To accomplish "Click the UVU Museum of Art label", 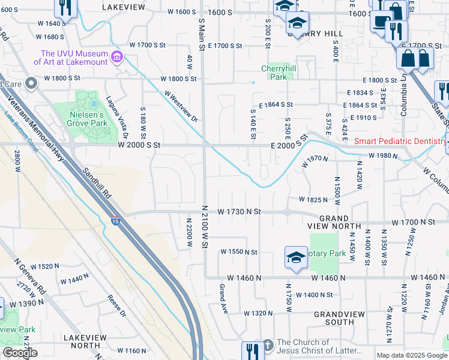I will [70, 58].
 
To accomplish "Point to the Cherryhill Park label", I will [274, 73].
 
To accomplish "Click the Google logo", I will [20, 352].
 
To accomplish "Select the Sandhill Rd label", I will [97, 183].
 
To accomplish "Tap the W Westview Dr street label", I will [181, 106].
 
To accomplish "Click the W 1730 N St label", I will [240, 212].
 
